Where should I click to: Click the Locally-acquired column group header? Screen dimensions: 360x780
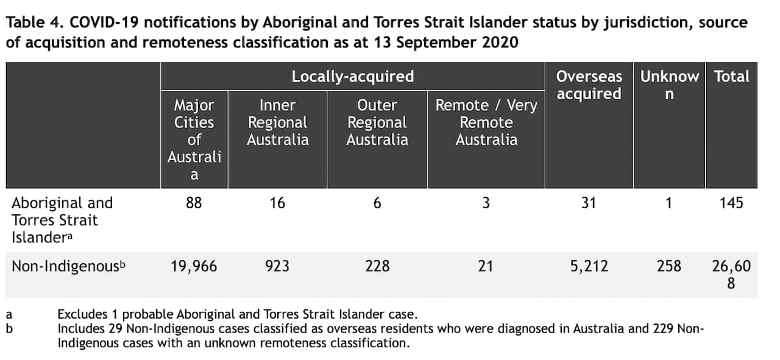pyautogui.click(x=352, y=77)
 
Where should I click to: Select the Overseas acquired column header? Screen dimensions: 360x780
pyautogui.click(x=589, y=85)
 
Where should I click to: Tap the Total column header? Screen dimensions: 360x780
pyautogui.click(x=731, y=77)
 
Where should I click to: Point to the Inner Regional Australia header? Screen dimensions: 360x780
pyautogui.click(x=277, y=122)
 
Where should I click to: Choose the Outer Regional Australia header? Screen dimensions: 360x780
pyautogui.click(x=377, y=122)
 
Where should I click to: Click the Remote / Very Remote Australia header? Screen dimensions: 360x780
pyautogui.click(x=486, y=122)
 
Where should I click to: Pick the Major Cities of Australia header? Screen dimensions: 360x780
pyautogui.click(x=194, y=139)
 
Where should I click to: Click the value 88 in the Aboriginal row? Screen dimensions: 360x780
pyautogui.click(x=194, y=203)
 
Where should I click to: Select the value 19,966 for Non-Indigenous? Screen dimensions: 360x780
pyautogui.click(x=194, y=266)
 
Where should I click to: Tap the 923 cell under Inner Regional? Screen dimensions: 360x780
pyautogui.click(x=277, y=266)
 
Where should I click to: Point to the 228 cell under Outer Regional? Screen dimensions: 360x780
pyautogui.click(x=377, y=266)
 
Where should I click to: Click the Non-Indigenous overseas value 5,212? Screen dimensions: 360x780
pyautogui.click(x=589, y=266)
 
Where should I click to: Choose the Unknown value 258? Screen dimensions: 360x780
pyautogui.click(x=668, y=266)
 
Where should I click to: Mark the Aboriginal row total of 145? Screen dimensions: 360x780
pyautogui.click(x=731, y=203)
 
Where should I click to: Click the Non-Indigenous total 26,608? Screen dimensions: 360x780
pyautogui.click(x=731, y=274)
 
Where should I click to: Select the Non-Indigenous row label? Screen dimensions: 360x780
pyautogui.click(x=71, y=266)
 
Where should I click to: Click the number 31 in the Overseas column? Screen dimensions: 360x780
pyautogui.click(x=589, y=203)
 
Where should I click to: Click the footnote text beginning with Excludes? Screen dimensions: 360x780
pyautogui.click(x=237, y=315)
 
